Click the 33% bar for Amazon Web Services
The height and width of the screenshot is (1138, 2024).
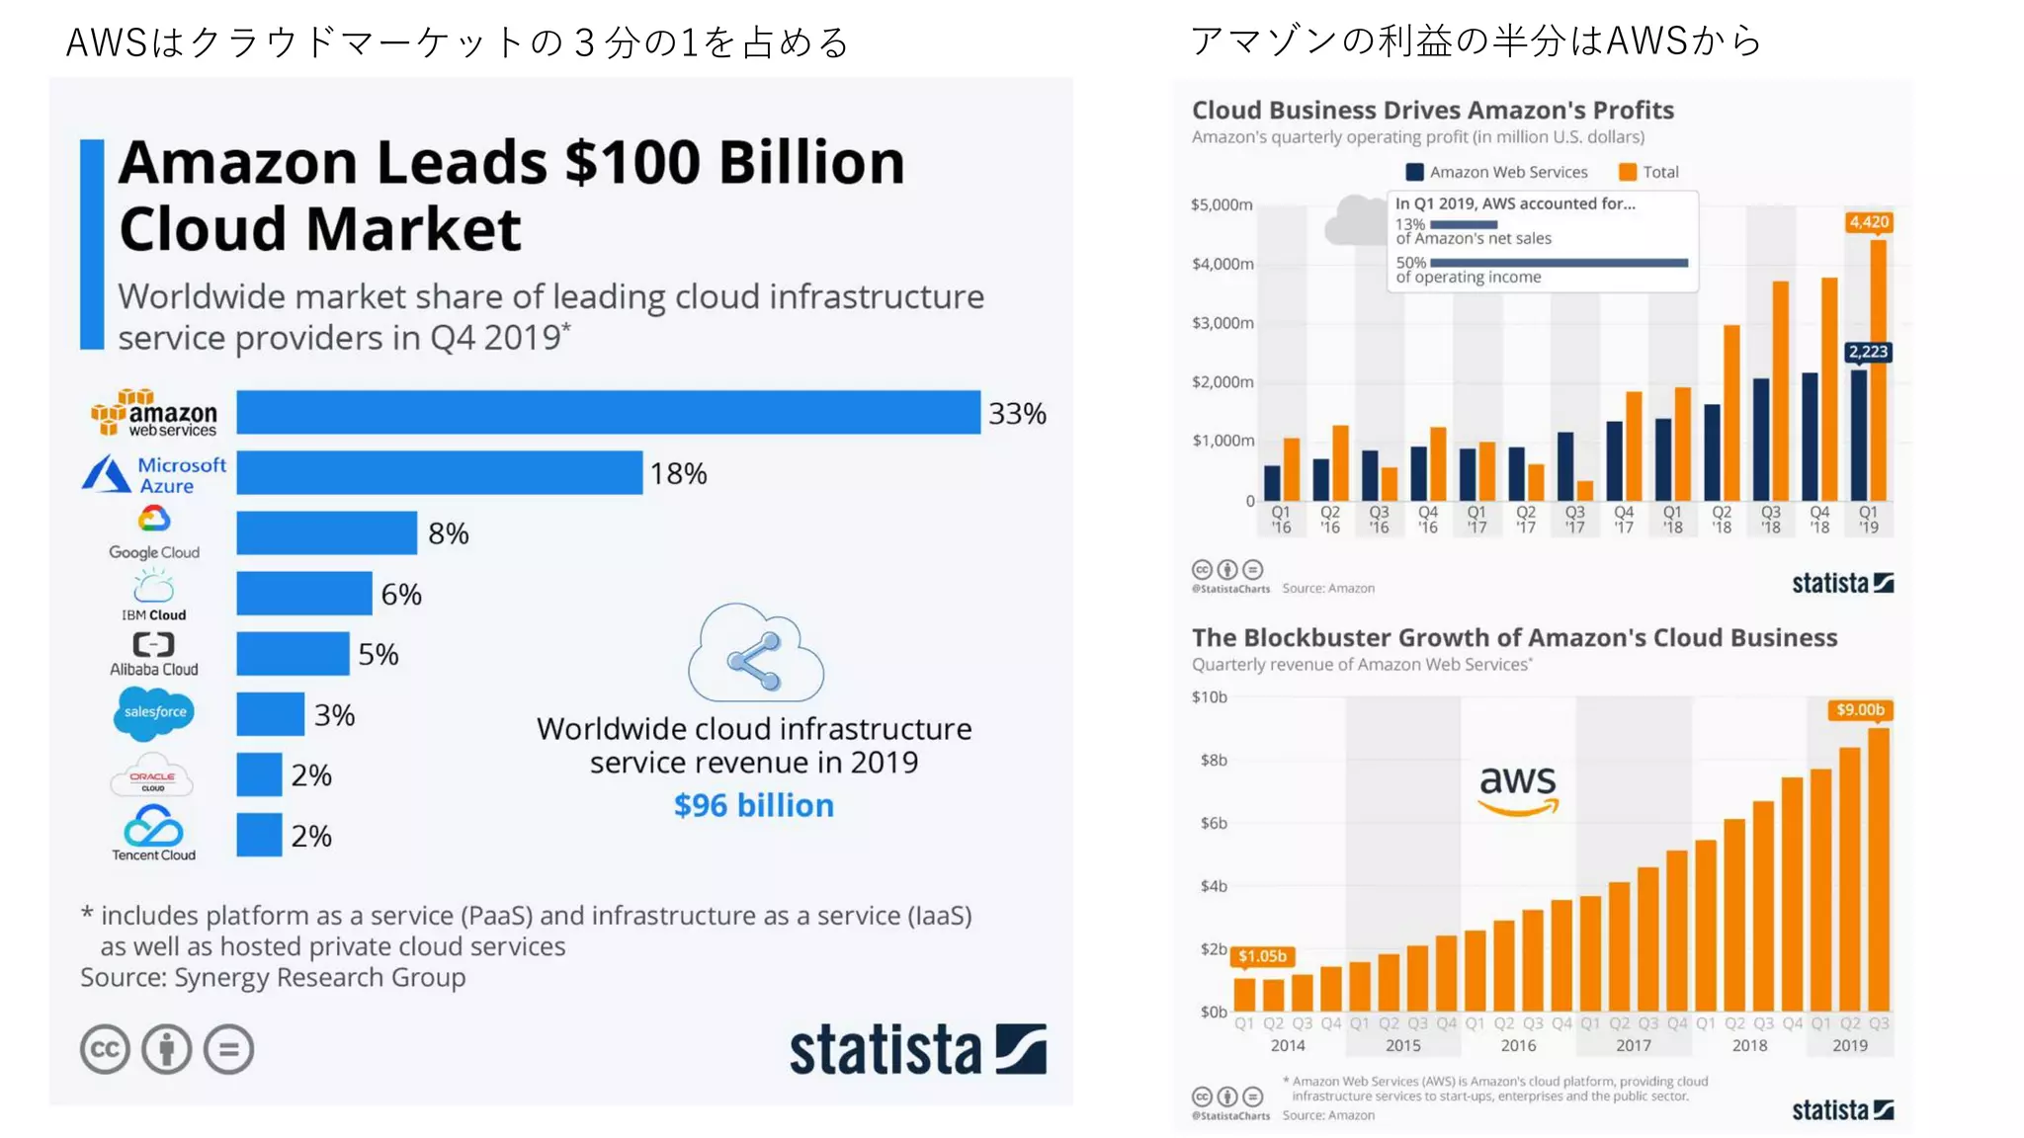(x=608, y=412)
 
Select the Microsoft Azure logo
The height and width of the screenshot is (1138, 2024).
(x=154, y=474)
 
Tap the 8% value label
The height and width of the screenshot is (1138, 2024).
(x=448, y=533)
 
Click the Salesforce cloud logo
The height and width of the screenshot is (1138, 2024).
(x=154, y=712)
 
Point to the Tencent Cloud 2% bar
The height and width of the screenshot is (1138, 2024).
(x=259, y=835)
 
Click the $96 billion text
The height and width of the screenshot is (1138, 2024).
(x=753, y=805)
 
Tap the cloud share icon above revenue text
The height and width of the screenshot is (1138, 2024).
(x=755, y=654)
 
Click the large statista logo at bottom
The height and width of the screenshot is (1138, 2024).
(x=916, y=1049)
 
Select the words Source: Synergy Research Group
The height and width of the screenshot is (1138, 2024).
(x=273, y=977)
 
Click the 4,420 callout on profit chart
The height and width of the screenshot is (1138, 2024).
(x=1868, y=222)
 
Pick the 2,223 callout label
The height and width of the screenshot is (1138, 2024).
(x=1867, y=352)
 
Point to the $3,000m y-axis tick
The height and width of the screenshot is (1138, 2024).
(x=1223, y=323)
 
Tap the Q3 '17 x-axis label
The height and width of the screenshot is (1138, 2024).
(x=1574, y=519)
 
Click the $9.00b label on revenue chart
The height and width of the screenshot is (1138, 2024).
(x=1859, y=709)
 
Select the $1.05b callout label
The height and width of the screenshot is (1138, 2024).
(x=1262, y=955)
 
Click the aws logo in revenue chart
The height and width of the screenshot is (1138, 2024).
(x=1517, y=788)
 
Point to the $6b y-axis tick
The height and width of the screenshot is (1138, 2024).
(x=1214, y=823)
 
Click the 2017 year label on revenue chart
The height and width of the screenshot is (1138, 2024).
(x=1633, y=1045)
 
